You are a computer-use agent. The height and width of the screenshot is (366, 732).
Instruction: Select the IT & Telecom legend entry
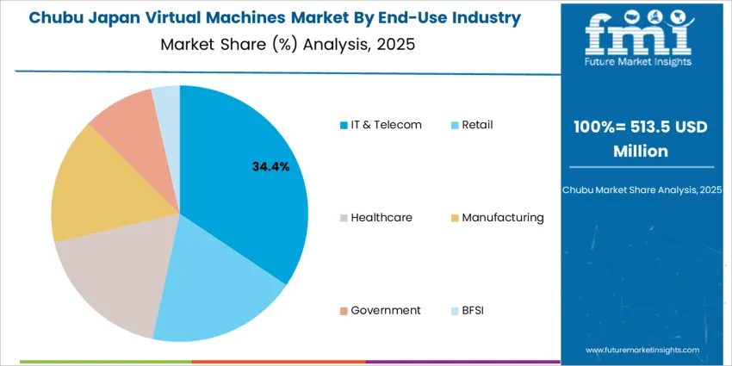[380, 125]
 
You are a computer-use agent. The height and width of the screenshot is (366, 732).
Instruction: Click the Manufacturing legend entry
[497, 218]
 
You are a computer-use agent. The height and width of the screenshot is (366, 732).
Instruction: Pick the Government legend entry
[379, 310]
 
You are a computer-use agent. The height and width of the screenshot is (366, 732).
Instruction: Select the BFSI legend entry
[471, 310]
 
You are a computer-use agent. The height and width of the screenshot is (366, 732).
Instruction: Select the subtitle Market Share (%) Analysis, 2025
[288, 45]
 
